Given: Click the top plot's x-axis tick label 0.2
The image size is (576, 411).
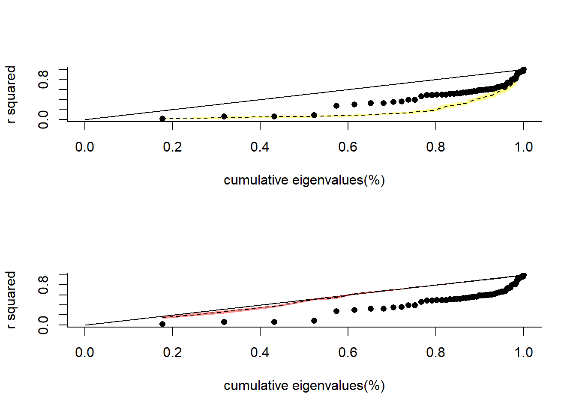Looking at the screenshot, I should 172,147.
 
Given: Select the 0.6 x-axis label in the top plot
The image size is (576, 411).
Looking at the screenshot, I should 348,147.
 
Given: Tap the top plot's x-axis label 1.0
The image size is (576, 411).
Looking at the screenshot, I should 523,147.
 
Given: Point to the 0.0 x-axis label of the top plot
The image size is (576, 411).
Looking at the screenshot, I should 84,147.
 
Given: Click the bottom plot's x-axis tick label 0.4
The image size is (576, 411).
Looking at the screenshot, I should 260,353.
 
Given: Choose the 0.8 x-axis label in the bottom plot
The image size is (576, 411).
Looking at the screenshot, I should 435,353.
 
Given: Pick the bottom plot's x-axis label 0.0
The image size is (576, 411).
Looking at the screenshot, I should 84,353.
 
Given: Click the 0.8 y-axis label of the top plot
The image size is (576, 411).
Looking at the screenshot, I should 43,79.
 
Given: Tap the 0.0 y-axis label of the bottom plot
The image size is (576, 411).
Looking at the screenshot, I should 43,325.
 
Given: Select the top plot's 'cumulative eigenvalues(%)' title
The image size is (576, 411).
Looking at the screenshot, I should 304,180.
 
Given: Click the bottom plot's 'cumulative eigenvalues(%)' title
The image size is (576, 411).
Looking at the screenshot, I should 304,386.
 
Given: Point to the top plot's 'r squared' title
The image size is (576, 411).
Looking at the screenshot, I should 11,94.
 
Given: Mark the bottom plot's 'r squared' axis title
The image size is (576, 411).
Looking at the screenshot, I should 11,300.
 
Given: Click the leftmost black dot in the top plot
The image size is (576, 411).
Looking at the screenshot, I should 162,119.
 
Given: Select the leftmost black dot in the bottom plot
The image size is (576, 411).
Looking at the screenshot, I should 162,324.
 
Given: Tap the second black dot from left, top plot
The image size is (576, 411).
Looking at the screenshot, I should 224,116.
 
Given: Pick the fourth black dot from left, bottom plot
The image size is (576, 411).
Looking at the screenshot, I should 314,321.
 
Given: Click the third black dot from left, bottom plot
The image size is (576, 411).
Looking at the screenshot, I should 274,322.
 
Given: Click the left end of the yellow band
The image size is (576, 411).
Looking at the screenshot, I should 165,119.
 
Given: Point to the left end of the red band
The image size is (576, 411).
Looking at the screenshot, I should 164,317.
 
